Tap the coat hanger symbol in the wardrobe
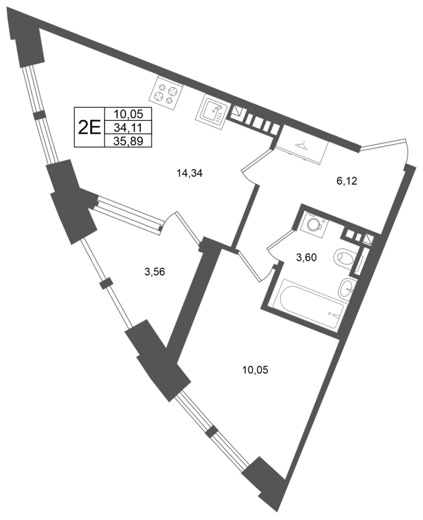pos(301,144)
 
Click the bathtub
pos(308,305)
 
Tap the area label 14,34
pos(190,173)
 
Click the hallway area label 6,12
pos(347,181)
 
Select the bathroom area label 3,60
pos(307,257)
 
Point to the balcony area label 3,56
pos(155,272)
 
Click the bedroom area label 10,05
pos(255,369)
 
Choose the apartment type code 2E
pos(89,127)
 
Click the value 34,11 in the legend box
pos(128,127)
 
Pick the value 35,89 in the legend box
pos(128,141)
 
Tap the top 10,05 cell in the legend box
pos(128,114)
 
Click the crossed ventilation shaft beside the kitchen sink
pos(237,110)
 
